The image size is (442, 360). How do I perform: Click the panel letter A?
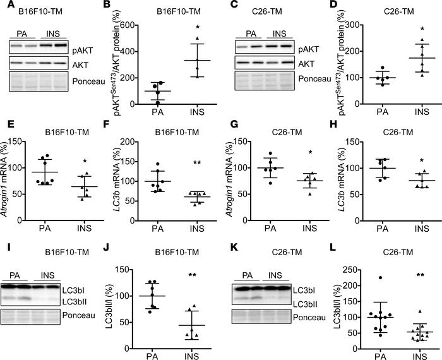click(x=5, y=6)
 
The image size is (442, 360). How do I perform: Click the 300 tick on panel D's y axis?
click(x=352, y=25)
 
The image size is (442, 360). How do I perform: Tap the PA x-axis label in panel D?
click(x=378, y=115)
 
